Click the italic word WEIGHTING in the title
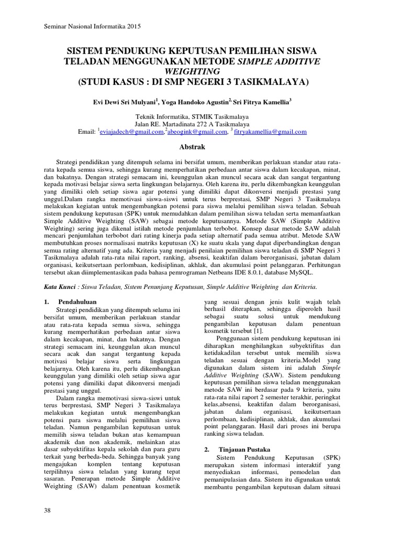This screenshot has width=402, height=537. (192, 71)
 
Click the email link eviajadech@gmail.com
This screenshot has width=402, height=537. (131, 132)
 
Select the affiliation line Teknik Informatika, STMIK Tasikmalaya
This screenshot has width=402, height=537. (192, 117)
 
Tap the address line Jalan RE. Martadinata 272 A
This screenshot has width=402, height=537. (192, 124)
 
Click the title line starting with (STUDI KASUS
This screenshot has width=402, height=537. (192, 82)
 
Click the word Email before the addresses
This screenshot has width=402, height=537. (86, 133)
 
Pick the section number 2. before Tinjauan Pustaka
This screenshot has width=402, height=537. (207, 449)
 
